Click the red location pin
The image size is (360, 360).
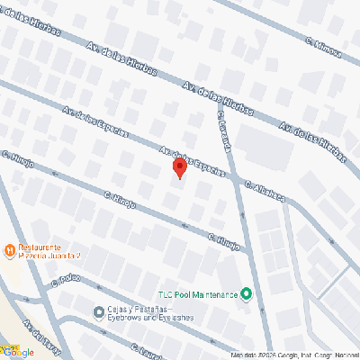click(178, 167)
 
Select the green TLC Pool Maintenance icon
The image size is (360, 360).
click(247, 294)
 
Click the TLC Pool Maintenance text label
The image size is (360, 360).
click(197, 294)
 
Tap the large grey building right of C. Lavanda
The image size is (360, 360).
click(265, 144)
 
